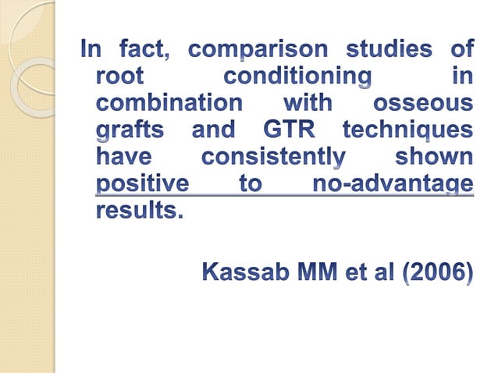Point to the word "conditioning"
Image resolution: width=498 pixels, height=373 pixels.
pos(297,77)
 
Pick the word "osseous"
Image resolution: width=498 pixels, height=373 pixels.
pos(422,104)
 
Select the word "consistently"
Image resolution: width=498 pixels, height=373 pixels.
pos(273,157)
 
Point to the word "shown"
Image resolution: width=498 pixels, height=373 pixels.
pos(434,157)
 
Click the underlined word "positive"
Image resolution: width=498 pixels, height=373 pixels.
pos(142,184)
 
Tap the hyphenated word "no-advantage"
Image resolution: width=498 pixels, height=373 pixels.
pos(392,184)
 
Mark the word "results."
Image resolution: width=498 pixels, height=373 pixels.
pos(138,210)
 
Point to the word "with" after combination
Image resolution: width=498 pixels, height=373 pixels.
pos(308,104)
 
